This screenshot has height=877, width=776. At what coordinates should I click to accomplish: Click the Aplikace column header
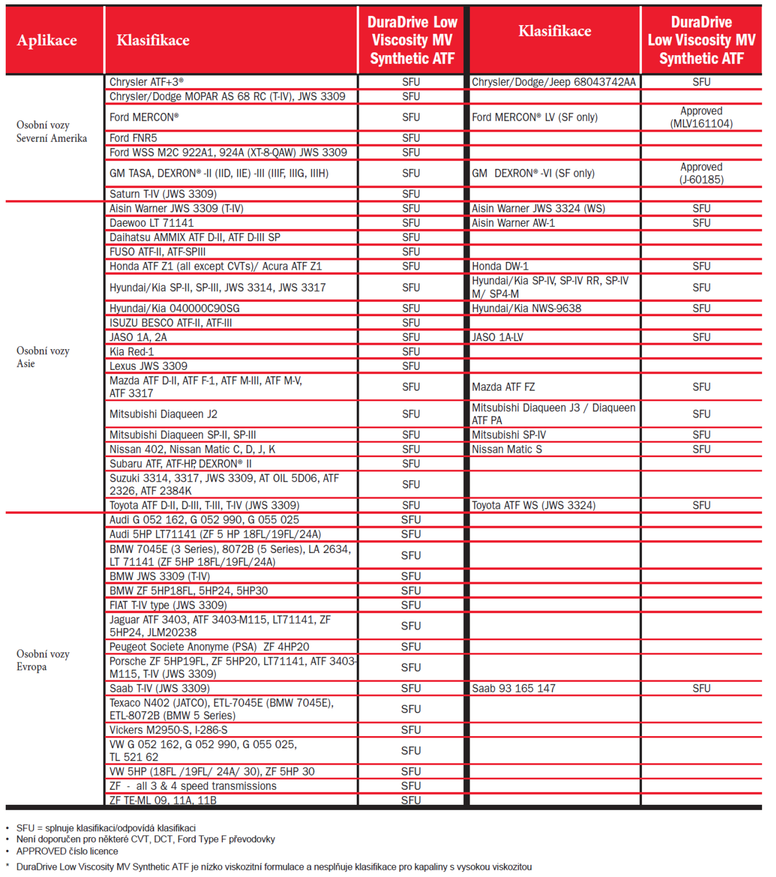pos(47,40)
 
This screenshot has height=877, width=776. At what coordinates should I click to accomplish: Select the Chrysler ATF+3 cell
pos(146,82)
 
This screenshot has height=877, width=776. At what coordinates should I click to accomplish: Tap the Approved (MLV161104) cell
pos(701,117)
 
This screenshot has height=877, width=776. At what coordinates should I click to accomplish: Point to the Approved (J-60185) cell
pos(701,173)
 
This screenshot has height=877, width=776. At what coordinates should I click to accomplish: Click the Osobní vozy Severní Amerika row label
pos(52,132)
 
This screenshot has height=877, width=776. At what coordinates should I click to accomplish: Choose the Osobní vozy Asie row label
pos(43,357)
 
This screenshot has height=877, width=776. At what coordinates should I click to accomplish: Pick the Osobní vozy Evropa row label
pos(43,660)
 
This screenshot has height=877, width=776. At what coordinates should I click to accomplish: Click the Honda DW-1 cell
pos(500,266)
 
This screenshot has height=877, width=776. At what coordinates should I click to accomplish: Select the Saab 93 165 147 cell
pos(513,688)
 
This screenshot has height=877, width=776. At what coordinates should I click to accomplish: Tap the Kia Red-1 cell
pos(132,351)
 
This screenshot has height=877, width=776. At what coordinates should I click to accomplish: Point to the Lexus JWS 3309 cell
pos(149,366)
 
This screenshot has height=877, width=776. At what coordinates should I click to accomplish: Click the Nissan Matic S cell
pos(507,449)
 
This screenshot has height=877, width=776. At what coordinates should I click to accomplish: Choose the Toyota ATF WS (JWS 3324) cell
pos(533,505)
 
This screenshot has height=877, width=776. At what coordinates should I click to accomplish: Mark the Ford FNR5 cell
pos(133,138)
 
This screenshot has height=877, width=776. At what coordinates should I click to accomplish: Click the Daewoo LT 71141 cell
pos(152,223)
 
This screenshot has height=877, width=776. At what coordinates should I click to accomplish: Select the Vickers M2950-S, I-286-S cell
pos(168,730)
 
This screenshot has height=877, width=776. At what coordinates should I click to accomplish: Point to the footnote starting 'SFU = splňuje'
pos(106,828)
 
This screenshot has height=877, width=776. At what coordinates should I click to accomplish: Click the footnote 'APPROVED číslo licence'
pos(67,851)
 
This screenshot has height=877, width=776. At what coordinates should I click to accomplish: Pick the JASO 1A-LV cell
pos(498,337)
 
